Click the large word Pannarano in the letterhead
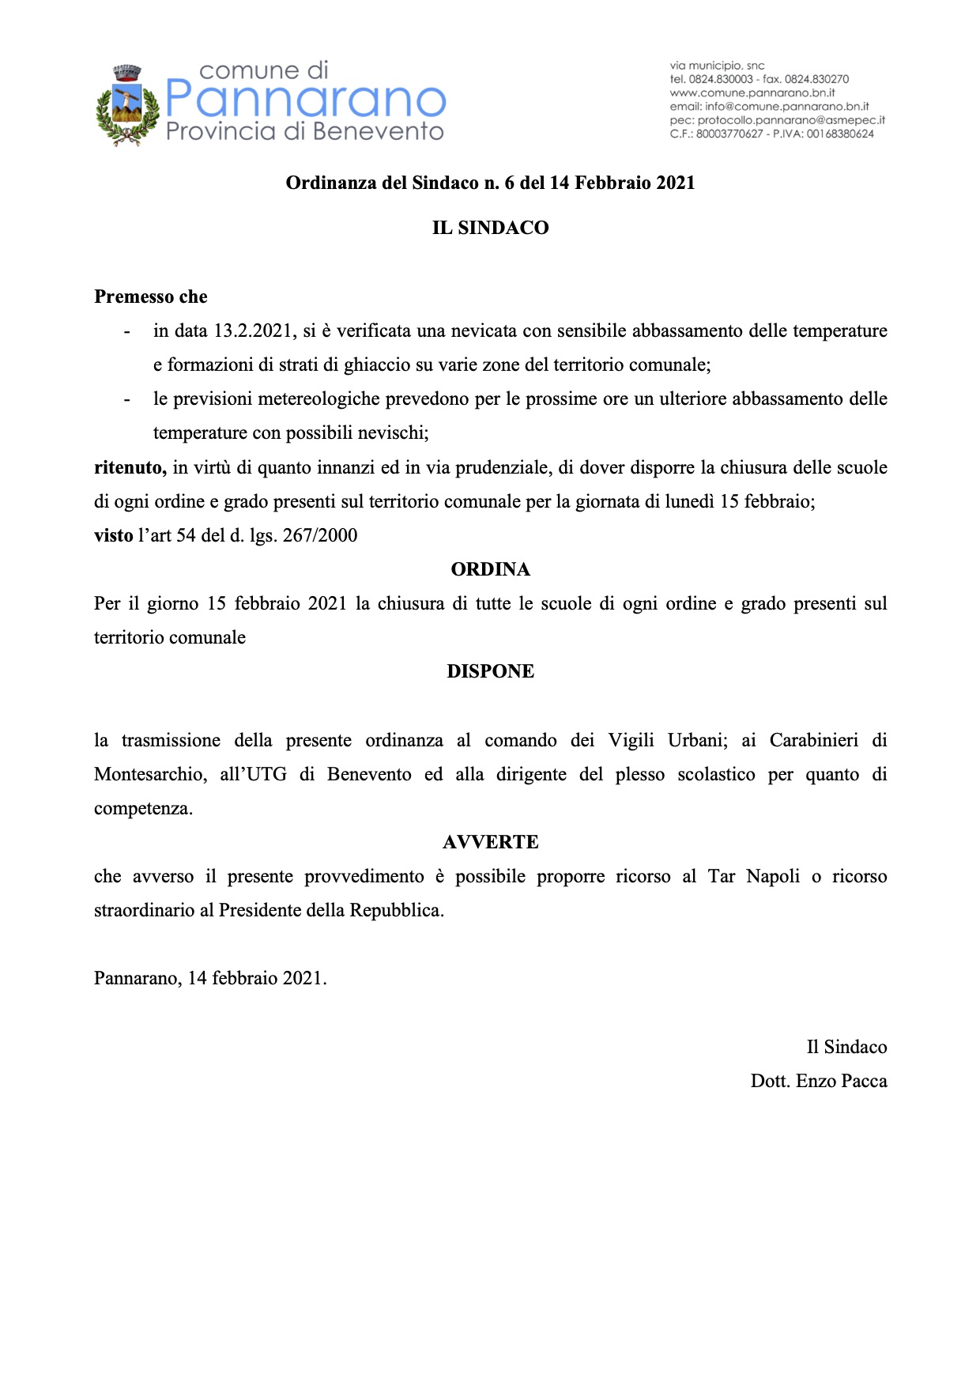pos(306,100)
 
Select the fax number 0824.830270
pos(816,79)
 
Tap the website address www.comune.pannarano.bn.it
pos(752,93)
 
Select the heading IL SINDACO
pos(490,228)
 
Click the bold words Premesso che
pos(151,296)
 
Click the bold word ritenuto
pos(130,467)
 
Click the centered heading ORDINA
pos(490,569)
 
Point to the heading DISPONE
pos(490,671)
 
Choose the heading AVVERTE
pos(490,842)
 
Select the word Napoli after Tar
pos(773,876)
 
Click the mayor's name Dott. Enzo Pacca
pos(818,1081)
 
